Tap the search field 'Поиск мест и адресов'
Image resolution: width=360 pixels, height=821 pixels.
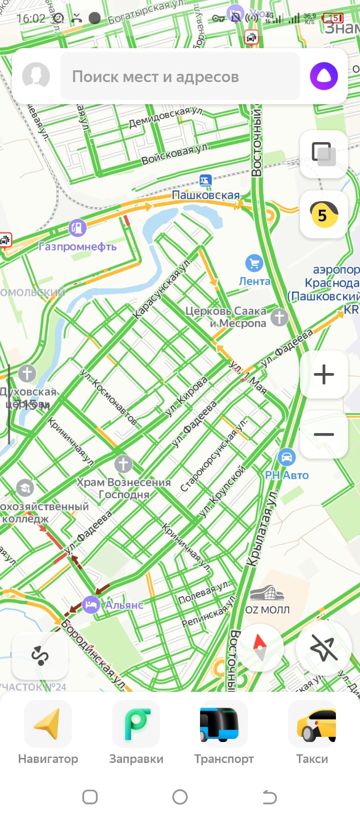[179, 76]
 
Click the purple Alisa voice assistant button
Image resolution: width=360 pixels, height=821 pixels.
[324, 76]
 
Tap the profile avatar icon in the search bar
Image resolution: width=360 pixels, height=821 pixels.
[36, 76]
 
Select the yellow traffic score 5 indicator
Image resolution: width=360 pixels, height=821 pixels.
[324, 214]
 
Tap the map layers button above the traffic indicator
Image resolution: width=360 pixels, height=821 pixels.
[324, 154]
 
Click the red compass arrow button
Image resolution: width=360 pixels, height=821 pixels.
[259, 647]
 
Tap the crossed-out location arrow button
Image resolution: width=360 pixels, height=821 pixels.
[324, 647]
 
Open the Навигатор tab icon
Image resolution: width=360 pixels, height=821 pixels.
[48, 724]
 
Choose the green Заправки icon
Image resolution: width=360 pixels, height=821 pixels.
[136, 724]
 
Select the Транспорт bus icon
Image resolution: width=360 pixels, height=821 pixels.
[224, 724]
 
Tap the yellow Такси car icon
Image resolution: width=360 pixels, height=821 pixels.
[312, 724]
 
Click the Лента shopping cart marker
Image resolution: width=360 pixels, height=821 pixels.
[254, 264]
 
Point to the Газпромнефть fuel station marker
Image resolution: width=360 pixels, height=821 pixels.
[77, 228]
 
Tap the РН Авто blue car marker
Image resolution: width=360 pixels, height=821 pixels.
[286, 457]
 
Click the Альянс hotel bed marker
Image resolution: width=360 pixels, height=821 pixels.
[91, 604]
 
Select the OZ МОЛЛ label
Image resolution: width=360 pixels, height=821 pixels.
[267, 610]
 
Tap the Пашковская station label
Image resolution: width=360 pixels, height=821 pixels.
[206, 195]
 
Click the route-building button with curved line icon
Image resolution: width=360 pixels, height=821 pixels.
[40, 656]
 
